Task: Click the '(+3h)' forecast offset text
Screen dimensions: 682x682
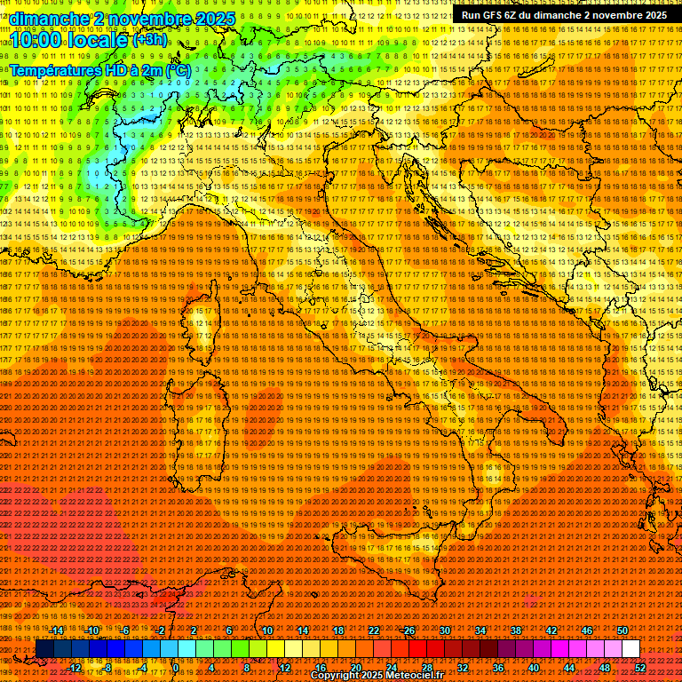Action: tap(148, 40)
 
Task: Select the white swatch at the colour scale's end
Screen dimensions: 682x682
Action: tap(630, 649)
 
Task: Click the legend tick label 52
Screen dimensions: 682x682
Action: tap(639, 668)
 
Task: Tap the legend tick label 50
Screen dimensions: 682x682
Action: tap(623, 630)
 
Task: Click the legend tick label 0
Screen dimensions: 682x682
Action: tap(176, 668)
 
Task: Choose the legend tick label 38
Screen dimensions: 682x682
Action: tap(516, 630)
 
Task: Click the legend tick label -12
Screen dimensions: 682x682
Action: tap(74, 668)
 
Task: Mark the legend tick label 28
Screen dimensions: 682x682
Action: tap(426, 668)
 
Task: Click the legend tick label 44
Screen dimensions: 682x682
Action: tap(568, 668)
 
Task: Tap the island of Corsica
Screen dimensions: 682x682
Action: tap(200, 329)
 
